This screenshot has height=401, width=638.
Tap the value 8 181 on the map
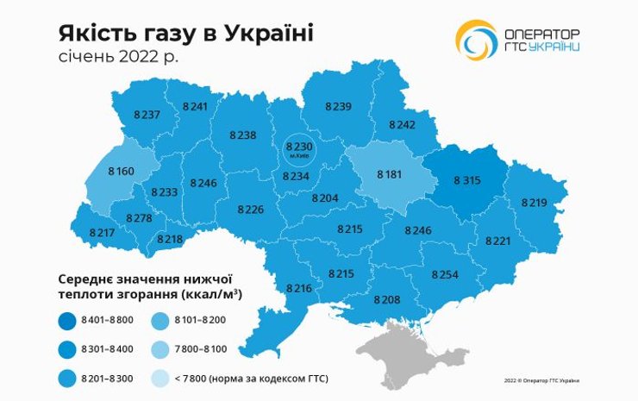(x=390, y=174)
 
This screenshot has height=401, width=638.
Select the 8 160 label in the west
(x=121, y=172)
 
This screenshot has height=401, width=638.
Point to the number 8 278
(x=139, y=218)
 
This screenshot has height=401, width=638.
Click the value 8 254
(x=446, y=273)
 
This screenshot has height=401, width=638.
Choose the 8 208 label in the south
(x=387, y=298)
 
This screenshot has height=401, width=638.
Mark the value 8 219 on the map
(x=535, y=202)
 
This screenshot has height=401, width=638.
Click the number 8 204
(x=325, y=197)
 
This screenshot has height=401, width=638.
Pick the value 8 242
(x=402, y=125)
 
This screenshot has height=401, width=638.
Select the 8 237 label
(x=147, y=115)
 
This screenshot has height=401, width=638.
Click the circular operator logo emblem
(x=476, y=40)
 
